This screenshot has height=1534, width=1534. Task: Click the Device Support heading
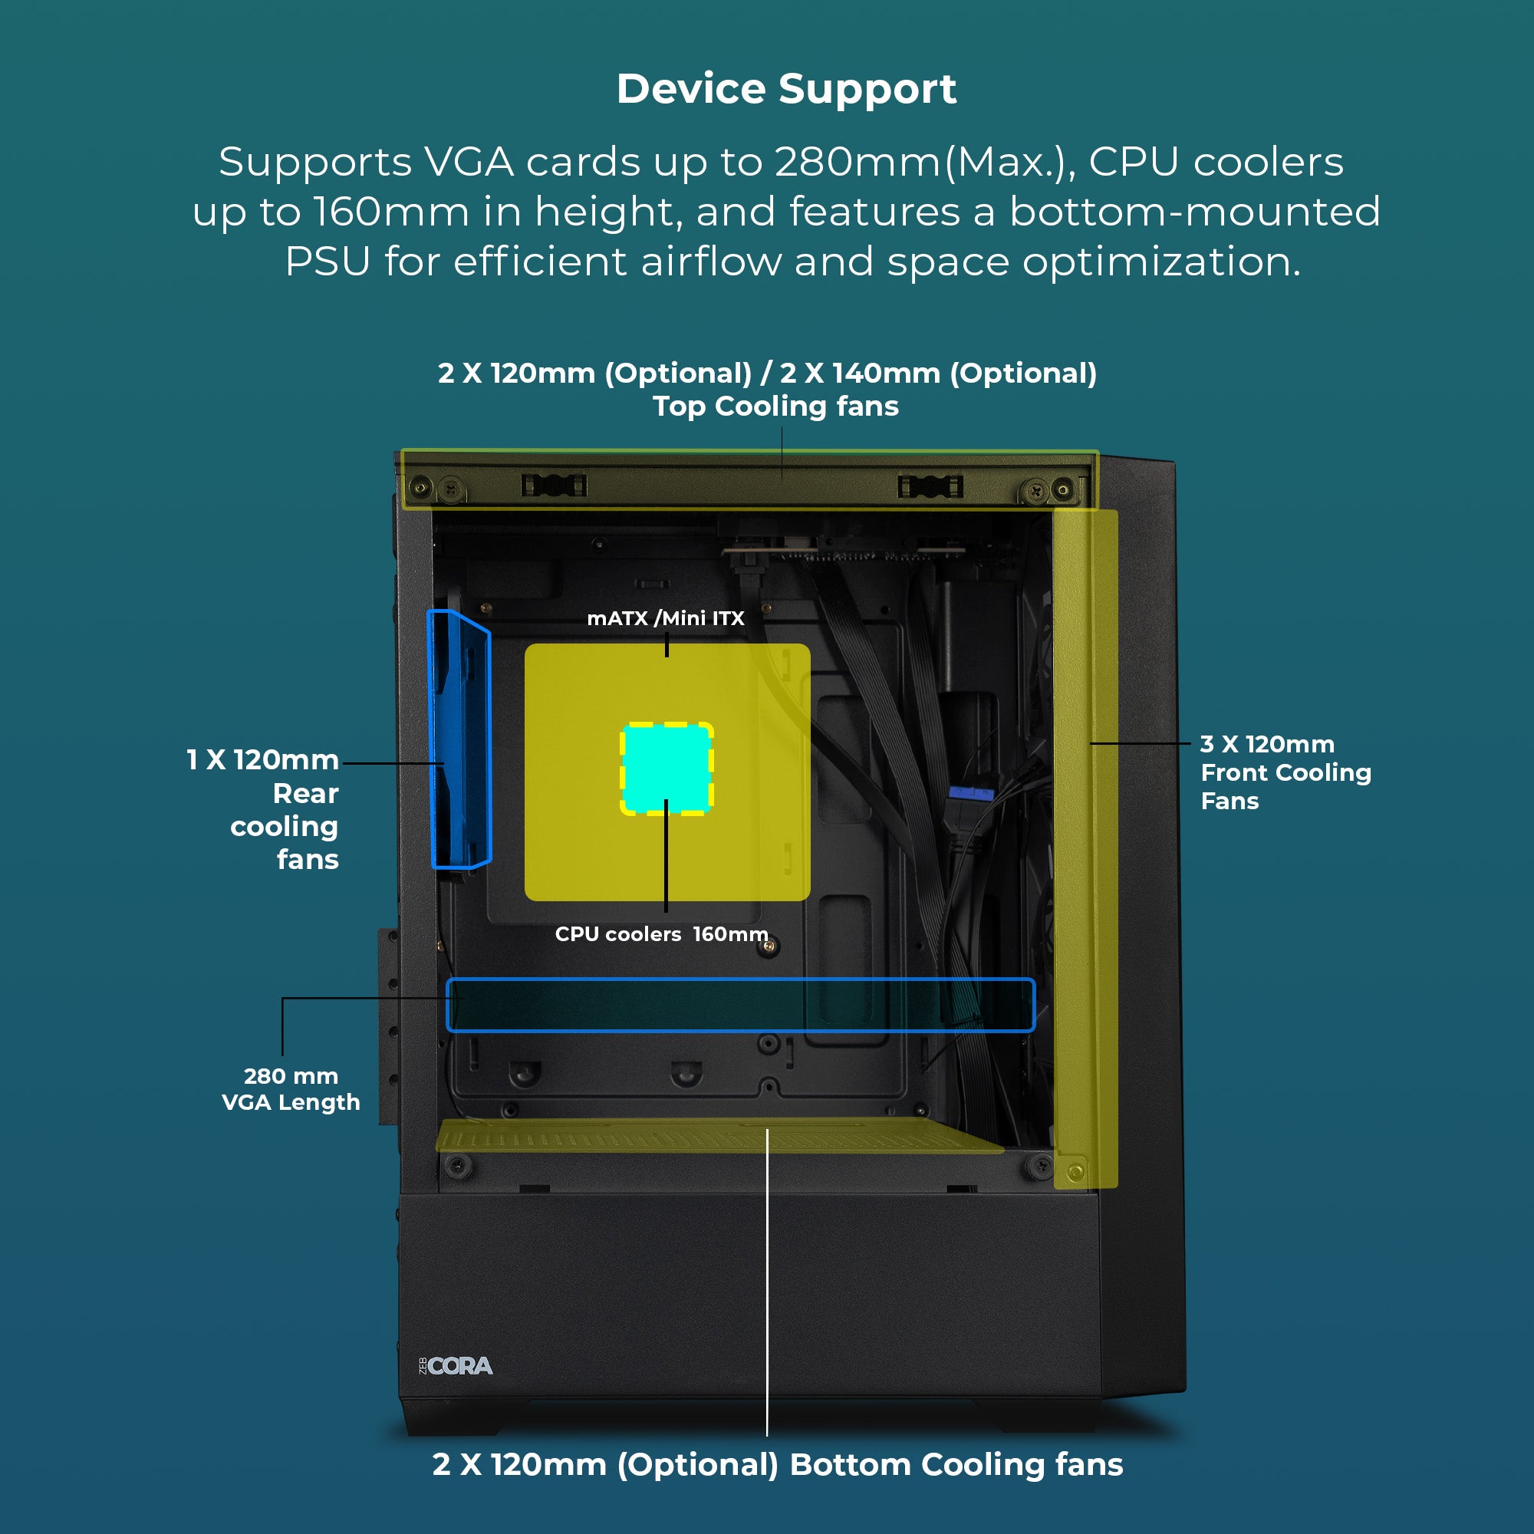pos(786,89)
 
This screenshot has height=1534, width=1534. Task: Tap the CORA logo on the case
pos(456,1366)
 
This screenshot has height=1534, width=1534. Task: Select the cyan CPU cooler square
pos(667,768)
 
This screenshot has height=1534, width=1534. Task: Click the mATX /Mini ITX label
pos(665,618)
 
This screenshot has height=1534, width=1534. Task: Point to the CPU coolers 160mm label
pos(660,933)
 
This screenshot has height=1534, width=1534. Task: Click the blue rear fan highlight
pos(459,739)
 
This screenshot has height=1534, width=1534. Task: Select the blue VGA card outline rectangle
pos(740,1006)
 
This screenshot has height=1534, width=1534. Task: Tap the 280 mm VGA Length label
pos(291,1088)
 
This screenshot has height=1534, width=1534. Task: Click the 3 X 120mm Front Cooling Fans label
pos(1285,772)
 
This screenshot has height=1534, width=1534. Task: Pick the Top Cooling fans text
pos(775,407)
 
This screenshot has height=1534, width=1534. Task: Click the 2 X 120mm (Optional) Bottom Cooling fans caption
pos(776,1464)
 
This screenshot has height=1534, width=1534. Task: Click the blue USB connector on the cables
pos(970,792)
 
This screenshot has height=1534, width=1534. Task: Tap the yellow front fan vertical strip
pos(1085,849)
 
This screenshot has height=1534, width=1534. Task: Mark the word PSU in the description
pos(328,262)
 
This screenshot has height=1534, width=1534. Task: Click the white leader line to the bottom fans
pos(767,1286)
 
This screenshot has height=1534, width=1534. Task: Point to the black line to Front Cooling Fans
pos(1141,743)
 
